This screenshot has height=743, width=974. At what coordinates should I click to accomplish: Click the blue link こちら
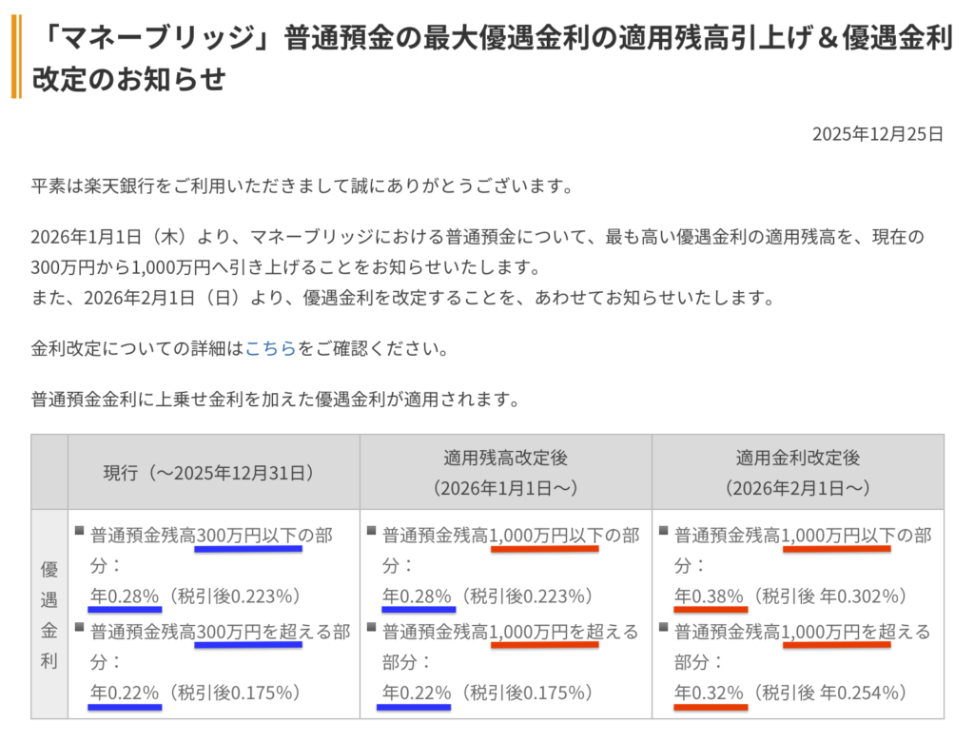click(x=270, y=348)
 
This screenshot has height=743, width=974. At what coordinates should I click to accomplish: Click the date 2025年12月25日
click(x=877, y=134)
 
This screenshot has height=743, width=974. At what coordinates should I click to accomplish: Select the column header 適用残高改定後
click(x=505, y=458)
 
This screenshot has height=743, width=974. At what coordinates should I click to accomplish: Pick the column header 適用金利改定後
click(x=797, y=458)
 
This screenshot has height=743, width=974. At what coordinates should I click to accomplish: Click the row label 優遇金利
click(x=49, y=615)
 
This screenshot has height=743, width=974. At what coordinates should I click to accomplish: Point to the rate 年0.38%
click(x=709, y=597)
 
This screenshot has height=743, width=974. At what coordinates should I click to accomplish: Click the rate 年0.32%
click(x=709, y=693)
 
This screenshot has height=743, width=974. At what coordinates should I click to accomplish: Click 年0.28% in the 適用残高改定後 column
click(x=417, y=597)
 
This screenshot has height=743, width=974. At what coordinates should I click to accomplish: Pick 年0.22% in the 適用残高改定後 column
click(x=417, y=693)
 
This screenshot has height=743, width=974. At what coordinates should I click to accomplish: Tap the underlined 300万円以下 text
click(x=247, y=536)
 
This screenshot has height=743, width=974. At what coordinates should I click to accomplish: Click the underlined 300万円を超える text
click(x=247, y=632)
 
